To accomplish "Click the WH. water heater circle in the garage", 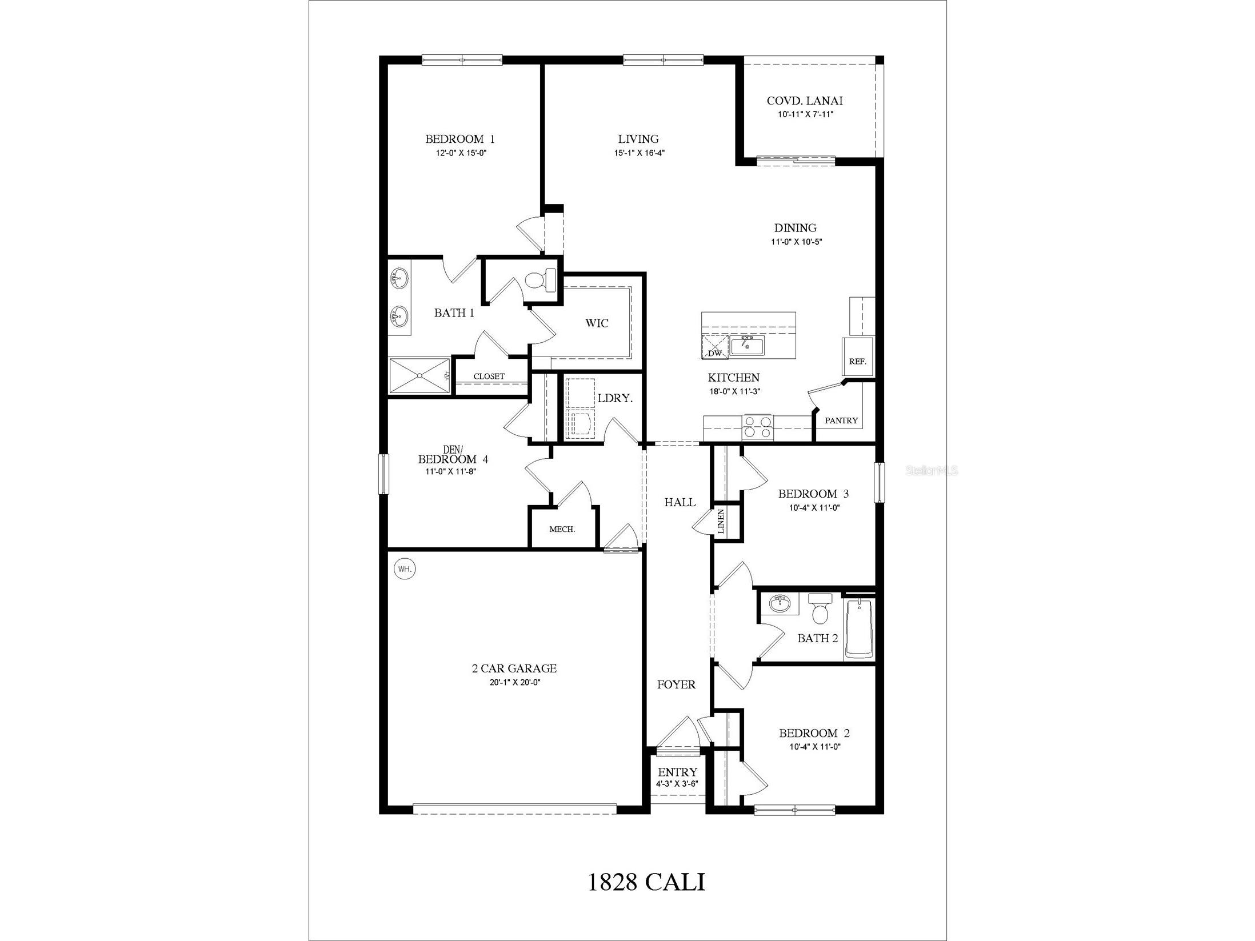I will coord(405,569).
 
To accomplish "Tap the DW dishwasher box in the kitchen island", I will coord(715,348).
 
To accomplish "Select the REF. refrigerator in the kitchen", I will coord(857,357).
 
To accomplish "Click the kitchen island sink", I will coord(747,346).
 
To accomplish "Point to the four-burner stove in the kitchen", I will coord(757,427).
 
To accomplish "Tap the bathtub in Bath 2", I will coord(859,628).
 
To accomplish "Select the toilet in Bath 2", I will coord(821,610).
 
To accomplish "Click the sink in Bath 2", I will coord(780,603).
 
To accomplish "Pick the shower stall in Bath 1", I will coord(419,375).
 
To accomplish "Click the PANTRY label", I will coord(841,421).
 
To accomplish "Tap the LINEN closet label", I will coord(721,520).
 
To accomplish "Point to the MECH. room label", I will coord(562,530).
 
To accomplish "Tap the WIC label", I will coord(597,323).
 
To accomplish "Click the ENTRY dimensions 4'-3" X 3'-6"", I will coord(677,784).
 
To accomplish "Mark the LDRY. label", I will coord(615,398).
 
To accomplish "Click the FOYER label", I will coord(676,684).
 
